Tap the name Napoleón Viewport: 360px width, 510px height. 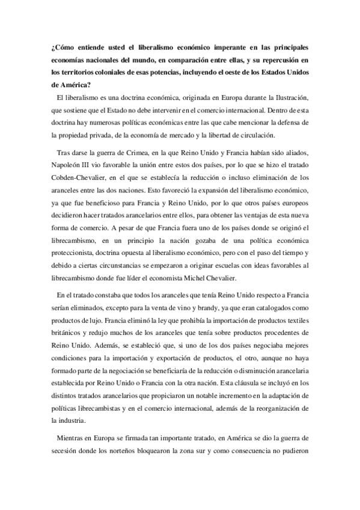pyautogui.click(x=69, y=165)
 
